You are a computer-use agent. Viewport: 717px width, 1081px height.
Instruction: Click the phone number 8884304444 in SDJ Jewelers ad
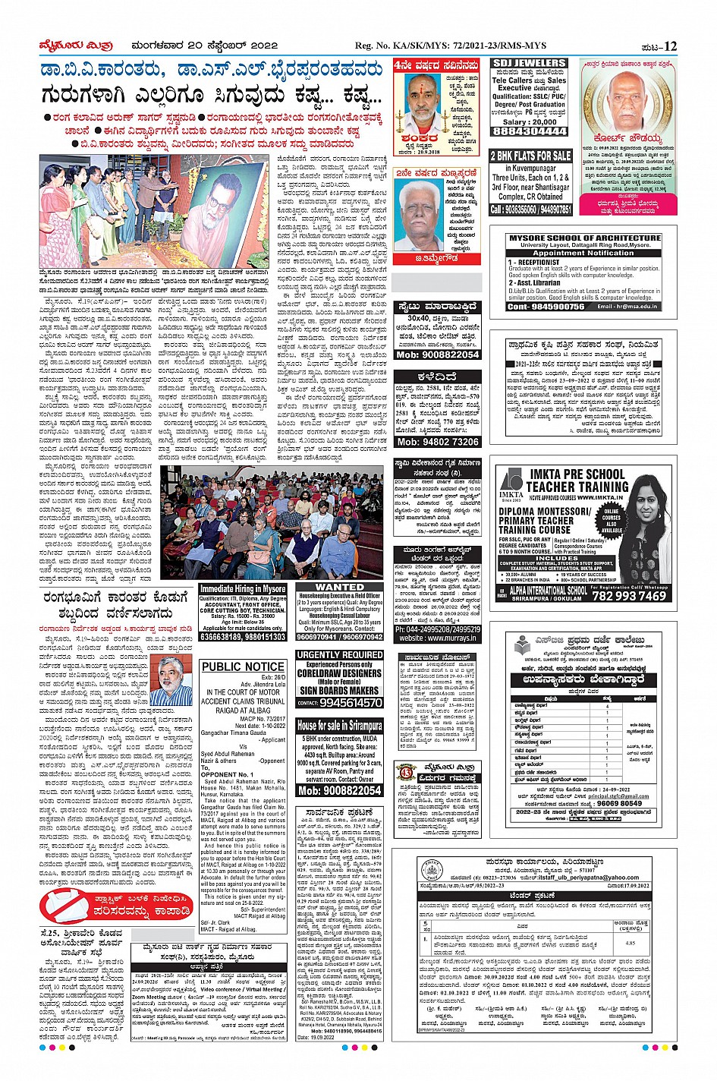pos(530,131)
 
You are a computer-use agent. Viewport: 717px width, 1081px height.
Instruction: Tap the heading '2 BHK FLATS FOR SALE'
pos(530,156)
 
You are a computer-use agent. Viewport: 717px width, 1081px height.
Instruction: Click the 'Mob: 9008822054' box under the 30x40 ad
pos(438,355)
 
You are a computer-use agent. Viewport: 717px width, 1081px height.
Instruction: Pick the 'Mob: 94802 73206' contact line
pos(438,442)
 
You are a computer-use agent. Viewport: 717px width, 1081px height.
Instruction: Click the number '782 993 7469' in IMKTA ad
pos(629,596)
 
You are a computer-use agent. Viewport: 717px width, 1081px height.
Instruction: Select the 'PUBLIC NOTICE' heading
pos(243,667)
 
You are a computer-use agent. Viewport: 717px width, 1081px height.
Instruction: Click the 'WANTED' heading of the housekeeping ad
pos(339,587)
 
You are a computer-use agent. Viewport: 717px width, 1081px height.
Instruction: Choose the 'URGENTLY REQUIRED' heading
pos(339,654)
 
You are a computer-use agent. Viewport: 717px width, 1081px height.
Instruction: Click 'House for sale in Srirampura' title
pos(339,726)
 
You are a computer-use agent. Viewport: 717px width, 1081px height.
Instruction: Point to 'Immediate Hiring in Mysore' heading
pos(243,589)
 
